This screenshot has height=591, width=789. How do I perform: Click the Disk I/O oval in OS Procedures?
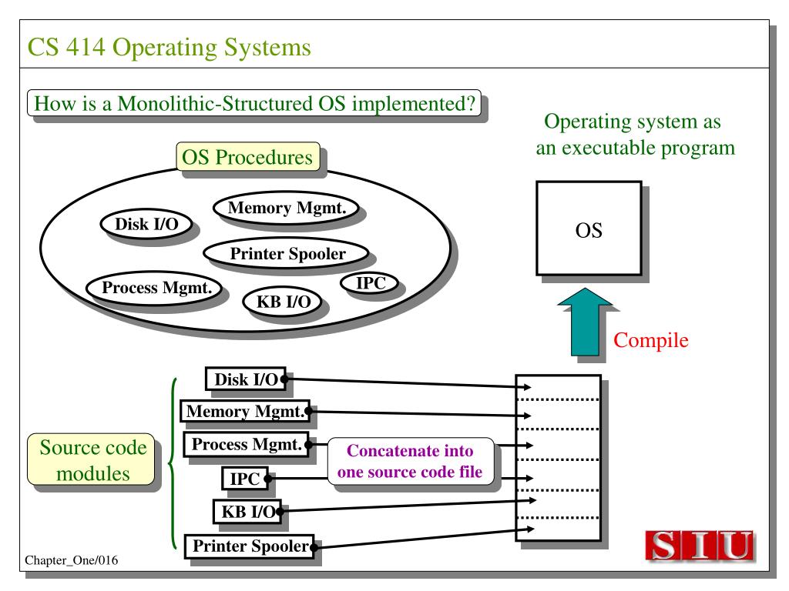pos(146,224)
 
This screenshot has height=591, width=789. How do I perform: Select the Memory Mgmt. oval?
pos(287,208)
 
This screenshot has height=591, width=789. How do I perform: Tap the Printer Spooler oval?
pos(287,253)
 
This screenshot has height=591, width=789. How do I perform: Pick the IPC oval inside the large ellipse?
pos(370,283)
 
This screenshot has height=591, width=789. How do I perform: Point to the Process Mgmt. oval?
pos(154,288)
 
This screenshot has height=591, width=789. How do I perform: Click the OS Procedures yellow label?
pos(248,157)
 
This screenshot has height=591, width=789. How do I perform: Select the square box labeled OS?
pos(589,228)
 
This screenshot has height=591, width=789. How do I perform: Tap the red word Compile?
pos(650,340)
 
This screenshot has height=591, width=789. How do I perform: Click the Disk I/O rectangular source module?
pos(246,379)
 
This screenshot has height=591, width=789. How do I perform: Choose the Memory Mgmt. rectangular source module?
pos(245,411)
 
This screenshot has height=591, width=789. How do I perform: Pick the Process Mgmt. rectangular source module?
pos(246,444)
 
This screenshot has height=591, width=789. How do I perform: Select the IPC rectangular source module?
pos(244,479)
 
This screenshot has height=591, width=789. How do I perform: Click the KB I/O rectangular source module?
pos(247,512)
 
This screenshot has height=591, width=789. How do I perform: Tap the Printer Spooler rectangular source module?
pos(250,546)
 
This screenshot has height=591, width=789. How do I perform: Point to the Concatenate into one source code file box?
pos(411,462)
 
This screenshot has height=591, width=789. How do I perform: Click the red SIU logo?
pos(700,545)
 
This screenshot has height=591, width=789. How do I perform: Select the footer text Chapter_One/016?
pos(72,560)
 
